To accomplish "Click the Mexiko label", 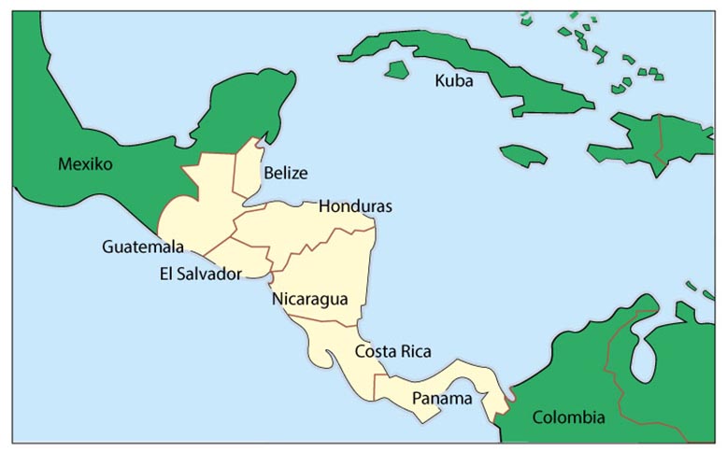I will tap(85, 164).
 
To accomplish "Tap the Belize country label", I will tap(285, 173).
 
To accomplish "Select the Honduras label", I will tap(355, 205).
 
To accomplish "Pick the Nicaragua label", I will tap(310, 300).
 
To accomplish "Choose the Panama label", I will tap(438, 399).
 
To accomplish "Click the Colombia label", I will tap(568, 417).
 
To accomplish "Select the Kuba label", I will tap(454, 81).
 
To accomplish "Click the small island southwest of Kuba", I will tap(397, 69).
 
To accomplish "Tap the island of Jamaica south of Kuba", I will tap(522, 154).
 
